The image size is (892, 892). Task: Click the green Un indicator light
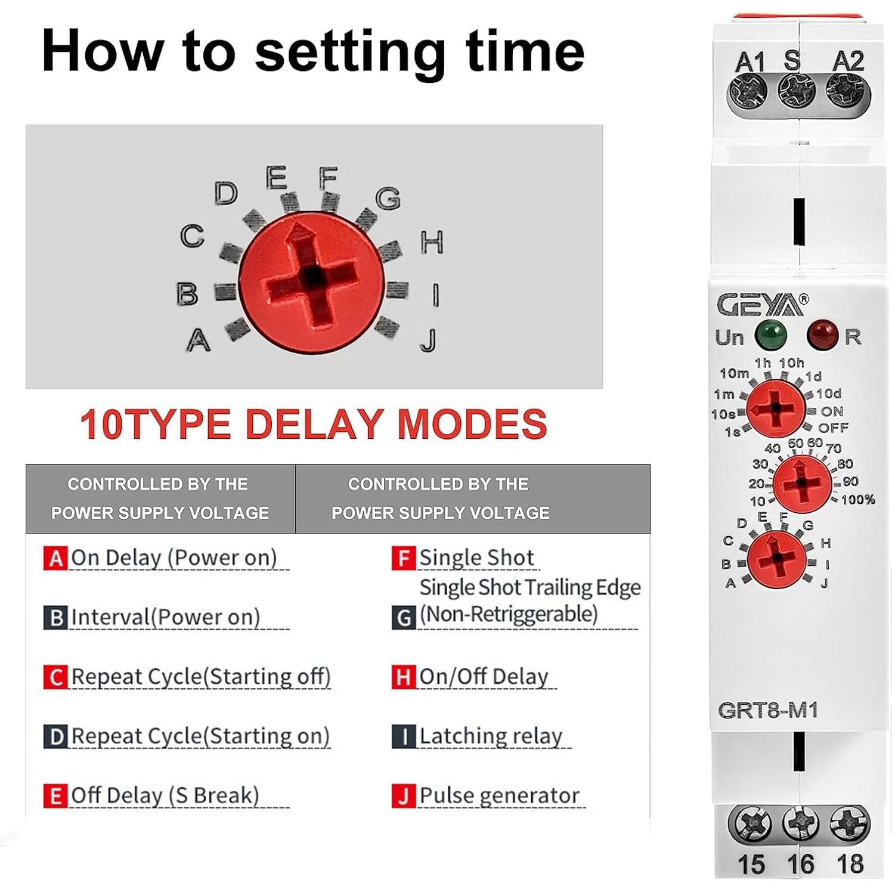point(770,335)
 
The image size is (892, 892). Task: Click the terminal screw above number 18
point(849,824)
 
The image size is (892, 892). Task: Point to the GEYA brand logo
point(762,305)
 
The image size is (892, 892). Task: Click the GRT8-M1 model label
point(767,710)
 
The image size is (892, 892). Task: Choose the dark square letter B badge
point(55,618)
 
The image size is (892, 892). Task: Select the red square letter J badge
point(403,796)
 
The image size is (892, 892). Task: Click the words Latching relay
point(491,736)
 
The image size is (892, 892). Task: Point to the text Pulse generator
point(499,795)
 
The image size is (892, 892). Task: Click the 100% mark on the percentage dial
point(857,499)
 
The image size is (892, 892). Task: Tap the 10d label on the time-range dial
point(829,394)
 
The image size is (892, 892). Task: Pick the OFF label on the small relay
point(833,428)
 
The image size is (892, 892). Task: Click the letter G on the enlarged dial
point(388,198)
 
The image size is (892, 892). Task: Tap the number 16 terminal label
point(800,863)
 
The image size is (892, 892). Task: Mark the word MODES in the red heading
point(472,424)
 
